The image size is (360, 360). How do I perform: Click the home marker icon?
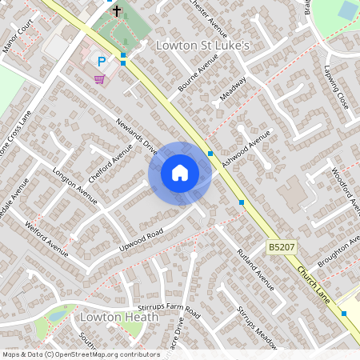pyautogui.click(x=180, y=172)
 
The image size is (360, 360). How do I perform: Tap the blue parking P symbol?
pyautogui.click(x=102, y=62)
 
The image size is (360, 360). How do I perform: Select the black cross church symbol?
pyautogui.click(x=117, y=10)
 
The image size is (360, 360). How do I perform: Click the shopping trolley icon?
pyautogui.click(x=99, y=79)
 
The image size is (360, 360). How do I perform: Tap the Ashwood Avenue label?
pyautogui.click(x=249, y=153)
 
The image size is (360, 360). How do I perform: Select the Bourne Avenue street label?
pyautogui.click(x=193, y=80)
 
